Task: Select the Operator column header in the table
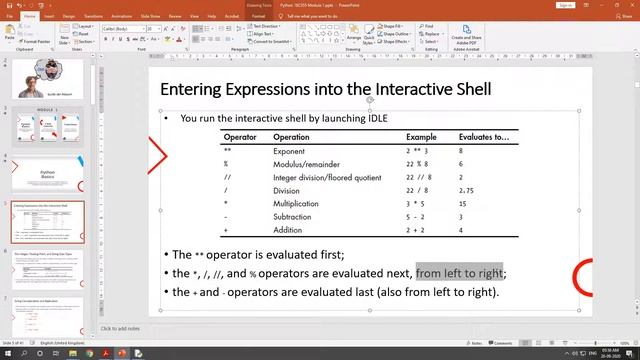coord(240,137)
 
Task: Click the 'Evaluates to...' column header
coord(483,137)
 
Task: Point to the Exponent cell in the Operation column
coord(289,151)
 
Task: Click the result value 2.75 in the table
coord(466,190)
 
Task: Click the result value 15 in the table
coord(463,203)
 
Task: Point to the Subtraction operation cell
coord(293,216)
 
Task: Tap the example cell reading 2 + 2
coord(416,230)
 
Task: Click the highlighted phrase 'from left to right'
coord(459,273)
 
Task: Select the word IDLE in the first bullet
coord(375,118)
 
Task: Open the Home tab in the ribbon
coord(31,16)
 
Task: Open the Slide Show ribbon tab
coord(152,16)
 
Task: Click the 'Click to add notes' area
coord(121,328)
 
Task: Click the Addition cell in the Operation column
coord(288,230)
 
